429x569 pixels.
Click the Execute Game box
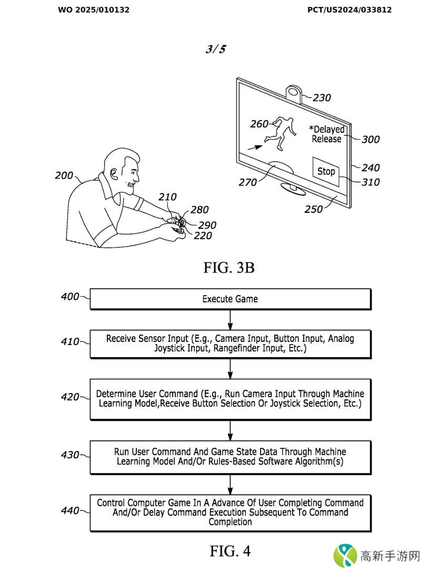[230, 299]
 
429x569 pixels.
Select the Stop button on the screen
[326, 171]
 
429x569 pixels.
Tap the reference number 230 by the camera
[322, 97]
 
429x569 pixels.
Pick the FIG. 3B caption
[229, 268]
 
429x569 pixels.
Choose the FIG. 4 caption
[230, 551]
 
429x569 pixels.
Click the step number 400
[69, 297]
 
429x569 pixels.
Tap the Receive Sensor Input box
[230, 344]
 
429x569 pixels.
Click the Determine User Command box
[230, 399]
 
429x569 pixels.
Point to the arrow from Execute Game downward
[230, 319]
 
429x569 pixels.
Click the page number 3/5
[215, 50]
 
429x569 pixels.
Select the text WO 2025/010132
[94, 9]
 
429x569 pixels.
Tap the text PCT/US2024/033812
[350, 9]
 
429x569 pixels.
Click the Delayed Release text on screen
[327, 134]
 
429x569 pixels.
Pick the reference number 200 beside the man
[64, 175]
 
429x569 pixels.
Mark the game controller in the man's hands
[177, 223]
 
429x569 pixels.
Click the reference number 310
[371, 182]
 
